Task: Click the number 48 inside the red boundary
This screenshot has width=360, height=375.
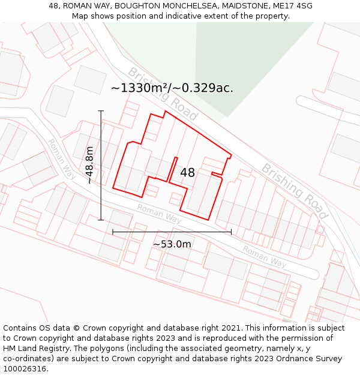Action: tap(187, 173)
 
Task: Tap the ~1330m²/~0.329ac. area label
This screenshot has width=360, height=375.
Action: tap(172, 88)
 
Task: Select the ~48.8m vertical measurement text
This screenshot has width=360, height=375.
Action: tap(89, 166)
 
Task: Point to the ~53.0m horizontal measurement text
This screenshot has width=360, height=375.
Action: tap(172, 244)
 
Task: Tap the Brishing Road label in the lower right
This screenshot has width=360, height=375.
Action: tap(295, 190)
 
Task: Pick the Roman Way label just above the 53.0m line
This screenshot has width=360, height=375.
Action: tap(159, 213)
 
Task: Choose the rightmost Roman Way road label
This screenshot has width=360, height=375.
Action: tap(265, 256)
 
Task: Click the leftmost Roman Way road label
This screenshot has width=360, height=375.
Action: tap(61, 159)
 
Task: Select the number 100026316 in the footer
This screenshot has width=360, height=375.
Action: tap(25, 369)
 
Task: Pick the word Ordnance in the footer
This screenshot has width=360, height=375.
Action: tap(300, 359)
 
